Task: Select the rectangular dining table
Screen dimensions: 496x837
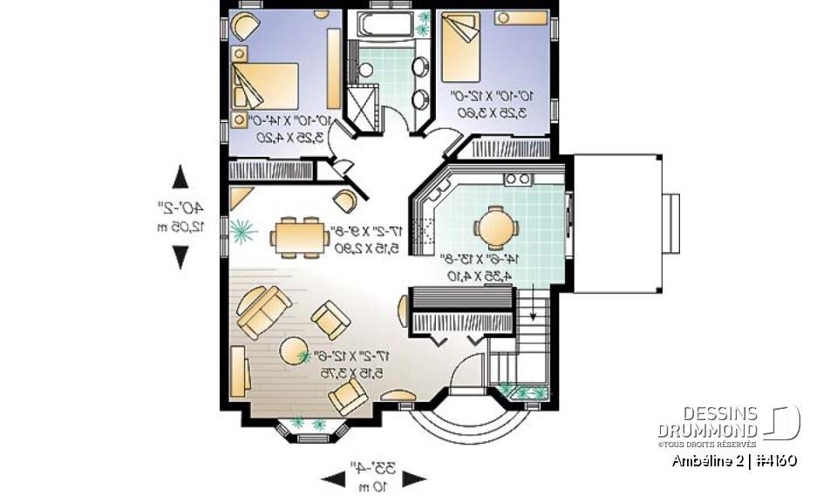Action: pos(297,235)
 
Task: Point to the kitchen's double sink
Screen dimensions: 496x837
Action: pos(518,180)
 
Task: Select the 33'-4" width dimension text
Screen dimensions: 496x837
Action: pos(373,468)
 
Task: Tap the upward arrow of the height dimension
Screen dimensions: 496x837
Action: pos(180,177)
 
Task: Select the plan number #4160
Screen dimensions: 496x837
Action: pos(773,460)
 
